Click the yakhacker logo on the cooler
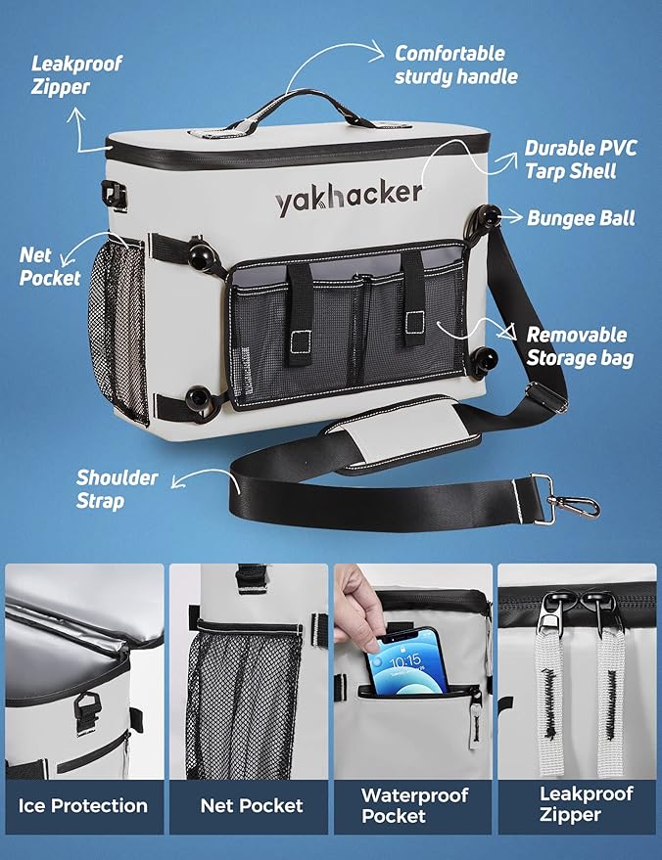(349, 198)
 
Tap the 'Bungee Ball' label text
(581, 218)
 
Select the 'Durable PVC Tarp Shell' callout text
(581, 159)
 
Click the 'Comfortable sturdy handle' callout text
(456, 65)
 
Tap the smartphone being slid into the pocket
(406, 662)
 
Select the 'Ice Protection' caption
(83, 805)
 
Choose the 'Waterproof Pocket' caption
(414, 805)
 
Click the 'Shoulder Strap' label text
(117, 488)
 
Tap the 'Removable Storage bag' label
(580, 346)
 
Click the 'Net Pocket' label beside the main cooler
(50, 266)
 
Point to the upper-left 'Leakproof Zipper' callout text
(75, 74)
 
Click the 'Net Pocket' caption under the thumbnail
(252, 805)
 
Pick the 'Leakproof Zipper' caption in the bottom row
(586, 804)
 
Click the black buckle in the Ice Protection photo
(87, 709)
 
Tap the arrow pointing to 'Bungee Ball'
(508, 217)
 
